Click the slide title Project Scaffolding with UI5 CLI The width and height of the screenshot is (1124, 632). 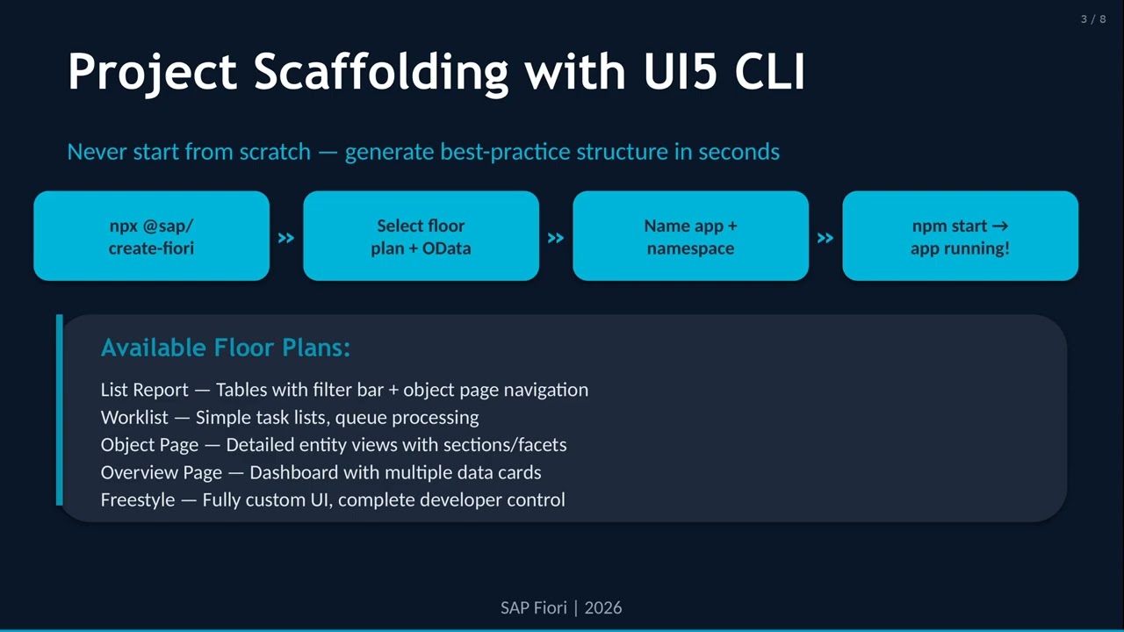pyautogui.click(x=436, y=71)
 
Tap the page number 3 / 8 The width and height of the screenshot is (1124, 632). pyautogui.click(x=1092, y=19)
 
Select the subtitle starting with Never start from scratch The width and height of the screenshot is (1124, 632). pyautogui.click(x=423, y=152)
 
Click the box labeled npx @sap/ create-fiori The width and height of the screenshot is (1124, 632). pyautogui.click(x=151, y=236)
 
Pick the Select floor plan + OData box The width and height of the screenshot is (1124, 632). pyautogui.click(x=421, y=236)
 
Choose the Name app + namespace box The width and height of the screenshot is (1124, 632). pyautogui.click(x=690, y=236)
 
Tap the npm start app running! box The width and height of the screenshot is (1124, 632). pyautogui.click(x=960, y=236)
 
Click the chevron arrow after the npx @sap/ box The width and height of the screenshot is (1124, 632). pyautogui.click(x=286, y=238)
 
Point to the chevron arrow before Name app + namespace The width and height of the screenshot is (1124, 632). pyautogui.click(x=556, y=238)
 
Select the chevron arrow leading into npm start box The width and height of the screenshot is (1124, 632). pyautogui.click(x=825, y=238)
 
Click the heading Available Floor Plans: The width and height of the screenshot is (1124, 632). pyautogui.click(x=226, y=348)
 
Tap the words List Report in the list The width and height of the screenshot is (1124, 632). pyautogui.click(x=144, y=390)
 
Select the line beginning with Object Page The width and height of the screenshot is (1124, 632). pyautogui.click(x=333, y=445)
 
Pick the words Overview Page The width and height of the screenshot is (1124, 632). pyautogui.click(x=161, y=472)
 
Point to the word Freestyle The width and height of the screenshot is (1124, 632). pyautogui.click(x=138, y=500)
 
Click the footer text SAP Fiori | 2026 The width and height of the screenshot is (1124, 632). pyautogui.click(x=561, y=607)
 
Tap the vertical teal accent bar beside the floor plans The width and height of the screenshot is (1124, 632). pyautogui.click(x=60, y=410)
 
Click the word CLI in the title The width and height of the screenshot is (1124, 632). pyautogui.click(x=769, y=71)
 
